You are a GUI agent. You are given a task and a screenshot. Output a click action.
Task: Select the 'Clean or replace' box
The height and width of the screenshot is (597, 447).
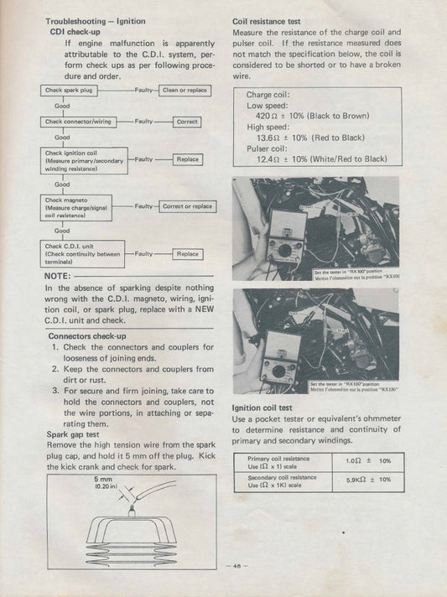(185, 90)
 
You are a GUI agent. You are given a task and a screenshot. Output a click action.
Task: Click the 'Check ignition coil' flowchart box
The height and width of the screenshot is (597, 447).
(82, 159)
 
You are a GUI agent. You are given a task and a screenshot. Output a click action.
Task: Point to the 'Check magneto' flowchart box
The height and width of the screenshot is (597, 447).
(82, 206)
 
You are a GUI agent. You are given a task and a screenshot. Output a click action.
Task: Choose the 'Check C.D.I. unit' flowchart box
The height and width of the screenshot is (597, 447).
(82, 253)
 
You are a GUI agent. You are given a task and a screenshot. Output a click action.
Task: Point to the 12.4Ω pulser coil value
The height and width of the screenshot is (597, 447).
(268, 158)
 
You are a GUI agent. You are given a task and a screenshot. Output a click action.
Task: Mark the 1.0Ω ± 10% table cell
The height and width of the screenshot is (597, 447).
(368, 461)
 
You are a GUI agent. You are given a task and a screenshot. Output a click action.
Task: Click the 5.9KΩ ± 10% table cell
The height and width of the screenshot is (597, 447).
(368, 480)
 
